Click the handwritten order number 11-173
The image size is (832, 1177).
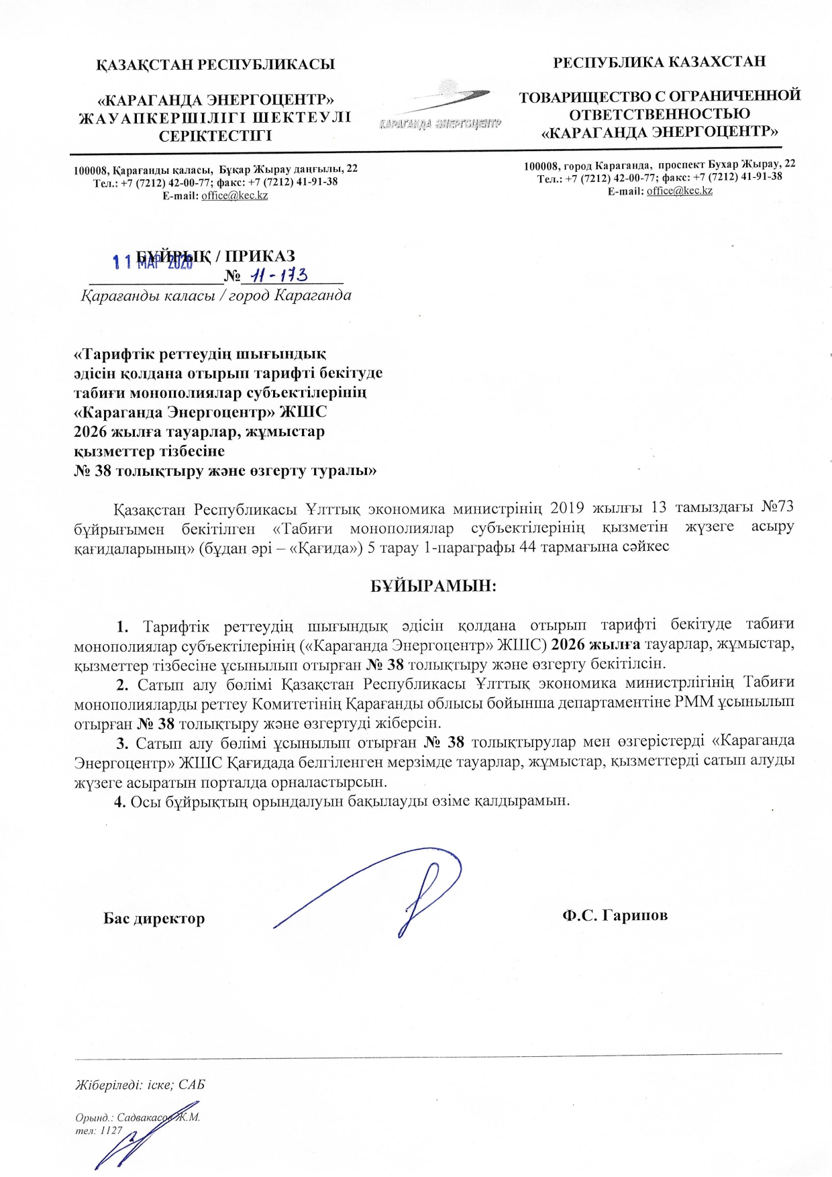[278, 275]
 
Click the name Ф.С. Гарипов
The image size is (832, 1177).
[615, 915]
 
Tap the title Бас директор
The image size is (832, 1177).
[154, 919]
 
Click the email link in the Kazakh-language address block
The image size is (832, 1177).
[234, 195]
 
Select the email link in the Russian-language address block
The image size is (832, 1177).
[679, 191]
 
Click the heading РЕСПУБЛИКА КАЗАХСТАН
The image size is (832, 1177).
[659, 62]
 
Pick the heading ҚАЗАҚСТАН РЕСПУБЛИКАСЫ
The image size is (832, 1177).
[215, 64]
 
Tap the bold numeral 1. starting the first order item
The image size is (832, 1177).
[122, 627]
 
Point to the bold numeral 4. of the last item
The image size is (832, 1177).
[120, 802]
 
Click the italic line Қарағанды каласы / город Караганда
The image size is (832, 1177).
[216, 296]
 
